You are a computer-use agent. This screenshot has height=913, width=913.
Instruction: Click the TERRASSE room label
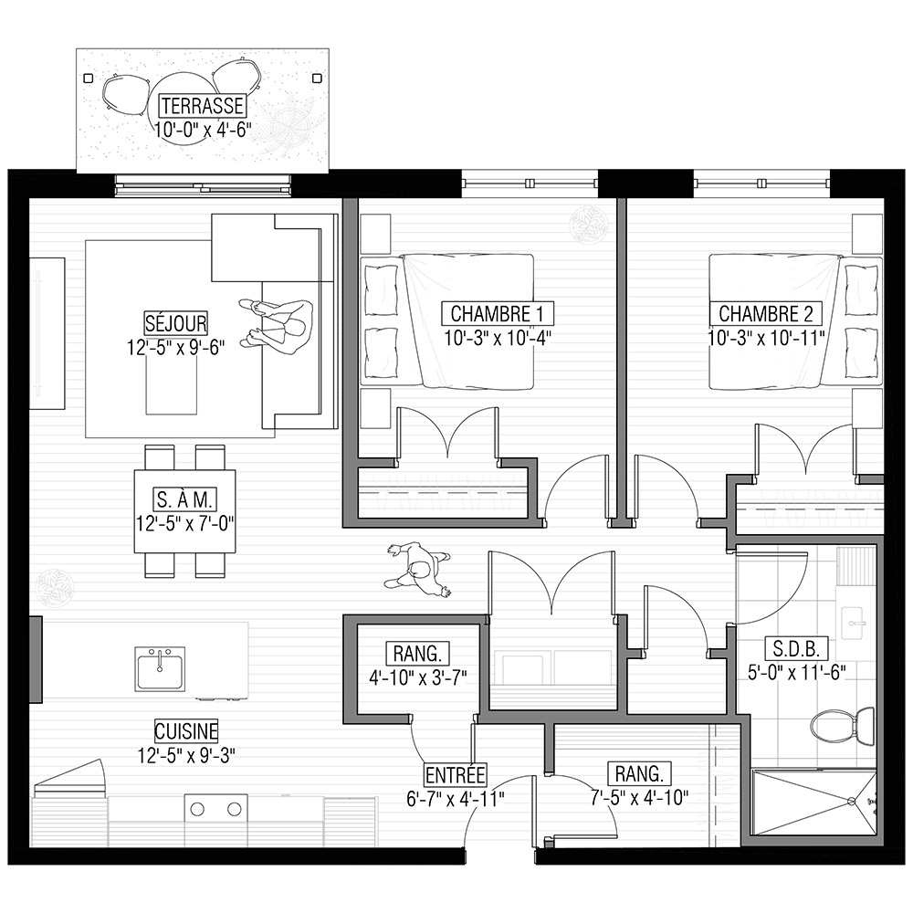(x=202, y=106)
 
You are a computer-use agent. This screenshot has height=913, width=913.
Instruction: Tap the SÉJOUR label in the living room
(x=176, y=323)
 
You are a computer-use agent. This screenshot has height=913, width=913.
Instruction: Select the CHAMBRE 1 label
(x=497, y=314)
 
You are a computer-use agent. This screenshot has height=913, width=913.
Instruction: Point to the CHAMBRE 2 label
(x=765, y=314)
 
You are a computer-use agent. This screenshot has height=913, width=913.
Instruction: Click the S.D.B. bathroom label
(x=796, y=648)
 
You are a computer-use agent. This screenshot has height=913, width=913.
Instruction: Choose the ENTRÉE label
(x=455, y=775)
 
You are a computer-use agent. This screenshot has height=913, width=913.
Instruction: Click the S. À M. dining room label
(x=185, y=499)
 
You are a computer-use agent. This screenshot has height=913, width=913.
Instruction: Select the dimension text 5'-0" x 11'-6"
(x=796, y=673)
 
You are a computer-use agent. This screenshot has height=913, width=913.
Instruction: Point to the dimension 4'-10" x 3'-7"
(x=418, y=677)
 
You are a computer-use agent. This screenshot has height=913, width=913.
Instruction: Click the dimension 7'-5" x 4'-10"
(x=639, y=797)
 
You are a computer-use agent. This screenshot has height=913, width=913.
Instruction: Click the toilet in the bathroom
(x=843, y=725)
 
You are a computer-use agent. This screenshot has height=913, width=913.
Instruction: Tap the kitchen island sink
(x=160, y=669)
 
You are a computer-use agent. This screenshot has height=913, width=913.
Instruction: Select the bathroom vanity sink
(x=855, y=623)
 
